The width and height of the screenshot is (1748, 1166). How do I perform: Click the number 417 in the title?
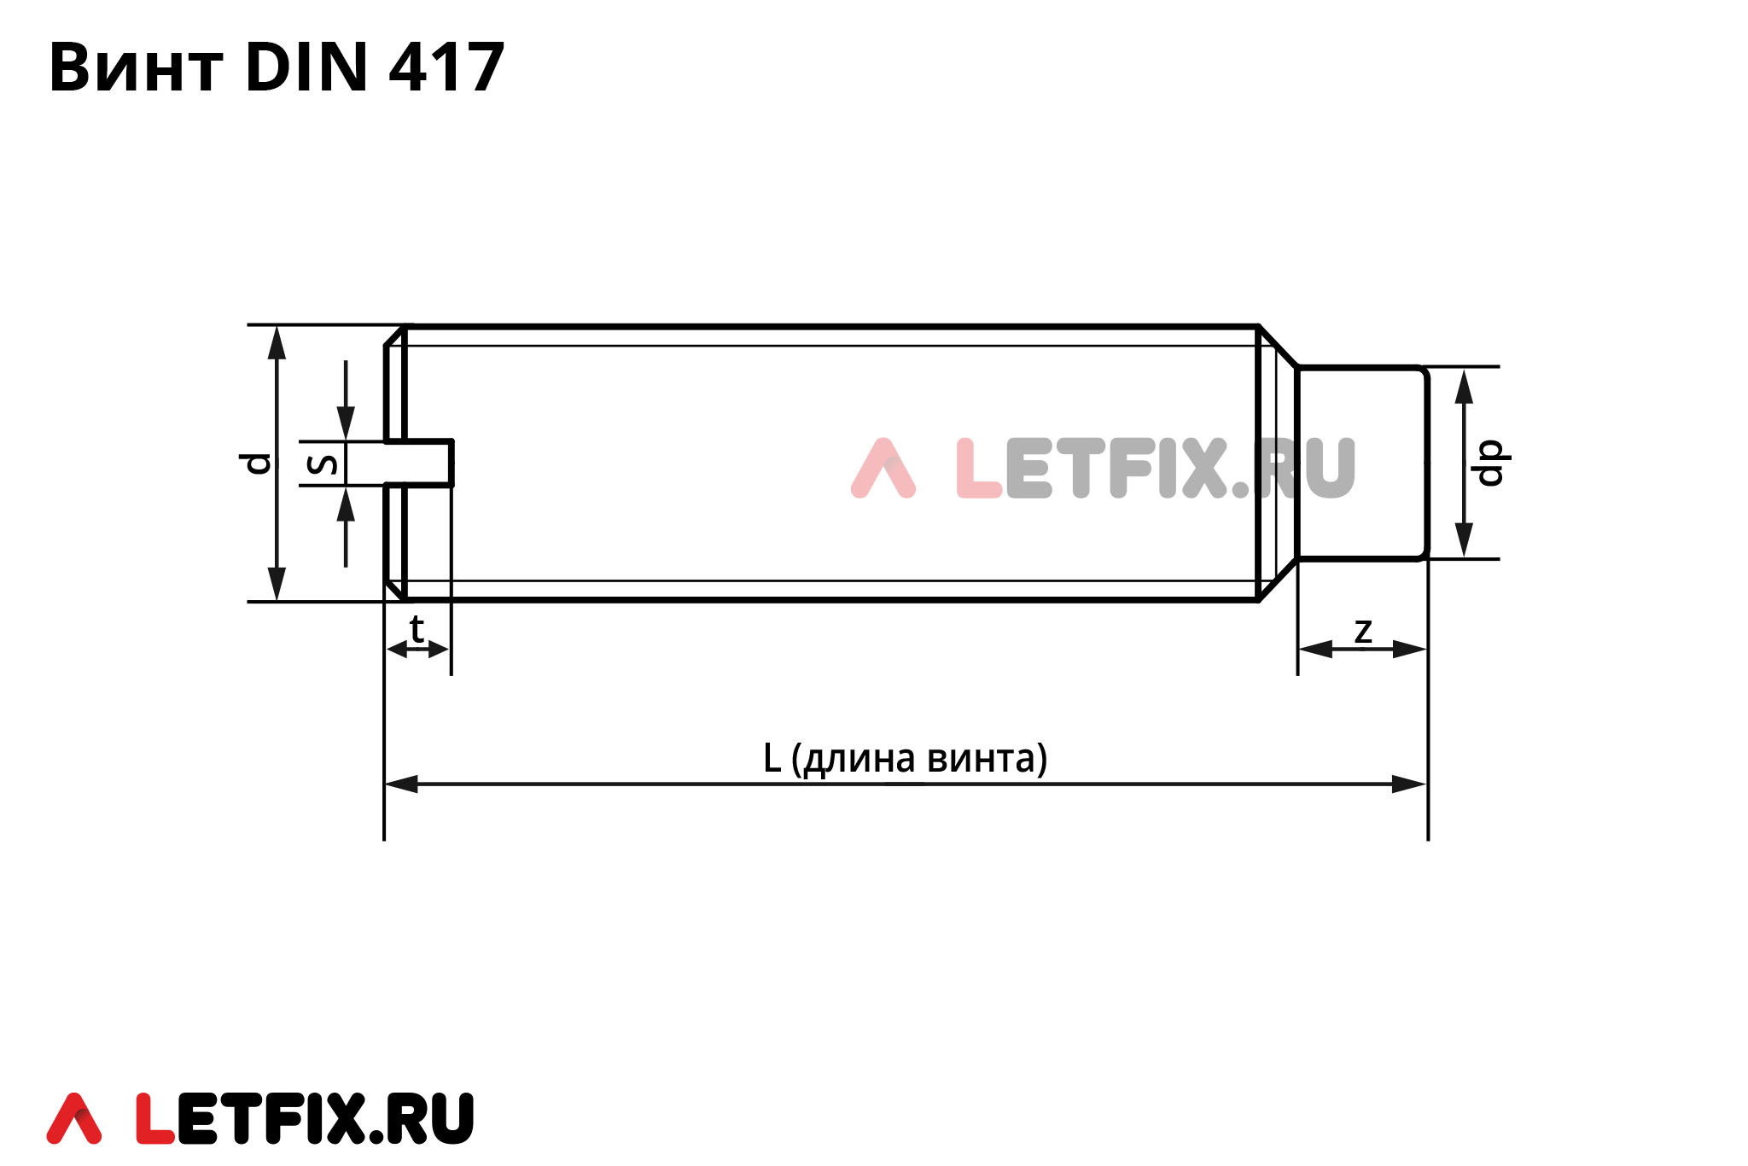point(447,67)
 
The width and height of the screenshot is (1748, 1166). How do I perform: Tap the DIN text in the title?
point(306,67)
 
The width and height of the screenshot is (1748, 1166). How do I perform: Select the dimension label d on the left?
point(256,463)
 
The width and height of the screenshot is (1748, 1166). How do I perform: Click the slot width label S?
point(322,463)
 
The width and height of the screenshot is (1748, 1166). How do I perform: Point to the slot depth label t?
point(417,630)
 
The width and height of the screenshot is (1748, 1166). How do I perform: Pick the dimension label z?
point(1363,632)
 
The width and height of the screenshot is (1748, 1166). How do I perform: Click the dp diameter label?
point(1489,463)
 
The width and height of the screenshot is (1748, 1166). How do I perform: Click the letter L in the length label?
point(772,758)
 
